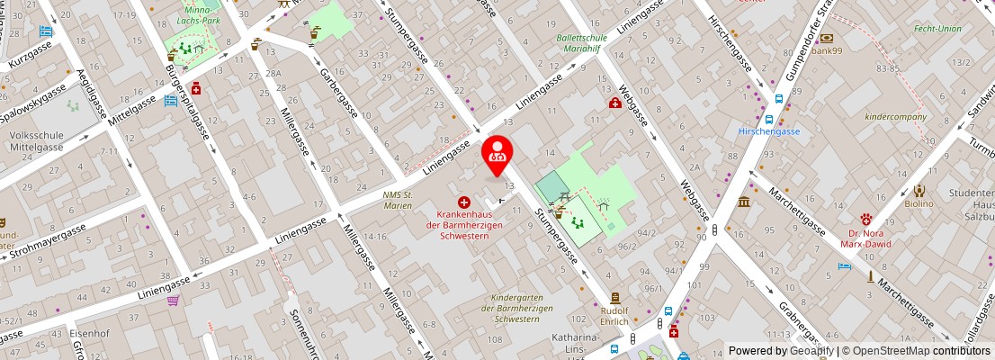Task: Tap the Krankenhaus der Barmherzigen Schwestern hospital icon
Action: pyautogui.click(x=464, y=203)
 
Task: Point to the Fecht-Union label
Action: pyautogui.click(x=937, y=29)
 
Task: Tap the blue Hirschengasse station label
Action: pyautogui.click(x=768, y=131)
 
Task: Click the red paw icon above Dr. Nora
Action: pyautogui.click(x=867, y=218)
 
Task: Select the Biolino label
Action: pyautogui.click(x=919, y=203)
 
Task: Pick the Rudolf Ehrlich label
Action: pyautogui.click(x=614, y=314)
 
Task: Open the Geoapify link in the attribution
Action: pyautogui.click(x=813, y=351)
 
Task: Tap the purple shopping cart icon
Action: pyautogui.click(x=172, y=301)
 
